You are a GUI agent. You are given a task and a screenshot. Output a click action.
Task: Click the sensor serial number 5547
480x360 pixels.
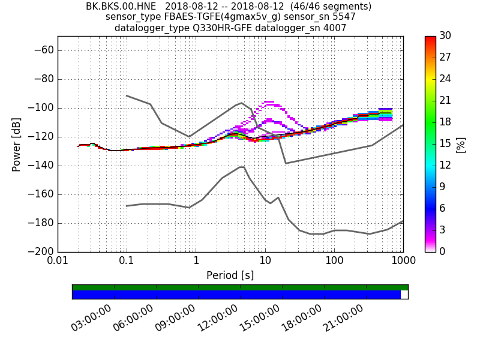pos(343,17)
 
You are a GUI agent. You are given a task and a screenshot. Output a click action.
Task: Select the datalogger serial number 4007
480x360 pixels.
pos(335,28)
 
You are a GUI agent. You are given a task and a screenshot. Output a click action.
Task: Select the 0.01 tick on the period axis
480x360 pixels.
pos(58,262)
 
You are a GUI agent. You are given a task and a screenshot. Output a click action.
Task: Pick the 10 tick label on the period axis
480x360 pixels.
pos(265,262)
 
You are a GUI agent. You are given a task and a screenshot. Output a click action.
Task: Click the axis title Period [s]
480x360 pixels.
pos(230,275)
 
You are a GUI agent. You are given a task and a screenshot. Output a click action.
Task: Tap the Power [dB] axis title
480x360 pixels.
pos(16,144)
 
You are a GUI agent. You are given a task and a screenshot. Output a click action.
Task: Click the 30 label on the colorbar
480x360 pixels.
pos(445,36)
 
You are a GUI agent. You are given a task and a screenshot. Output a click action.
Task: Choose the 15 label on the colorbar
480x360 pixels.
pos(445,143)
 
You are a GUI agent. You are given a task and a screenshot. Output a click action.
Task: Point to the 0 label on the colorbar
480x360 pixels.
pos(442,251)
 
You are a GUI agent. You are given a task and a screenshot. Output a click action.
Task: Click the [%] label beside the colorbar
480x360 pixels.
pos(460,144)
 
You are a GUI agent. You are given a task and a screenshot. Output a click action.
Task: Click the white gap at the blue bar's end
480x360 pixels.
pos(404,295)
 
